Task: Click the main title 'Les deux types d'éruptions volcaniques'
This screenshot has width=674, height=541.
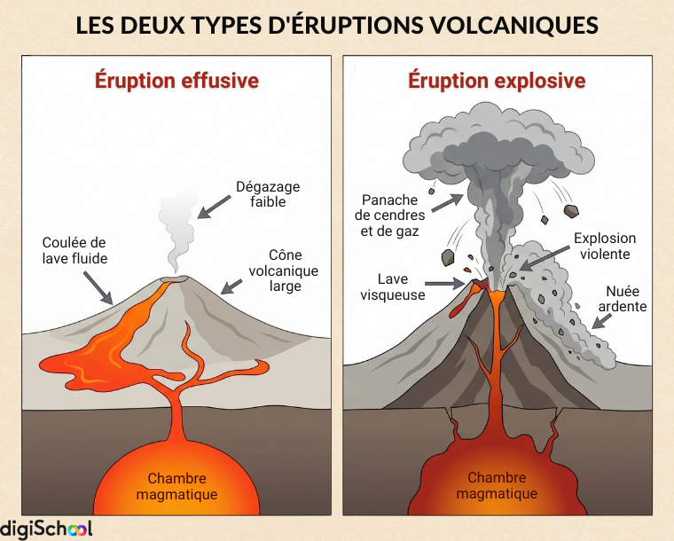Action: [337, 24]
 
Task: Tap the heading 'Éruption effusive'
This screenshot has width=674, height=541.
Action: [176, 81]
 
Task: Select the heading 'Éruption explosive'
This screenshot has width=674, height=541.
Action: [497, 81]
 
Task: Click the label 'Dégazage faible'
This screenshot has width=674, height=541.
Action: [267, 194]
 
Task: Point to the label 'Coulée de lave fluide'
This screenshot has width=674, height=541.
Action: [74, 250]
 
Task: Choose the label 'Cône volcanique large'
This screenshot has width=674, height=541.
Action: [283, 270]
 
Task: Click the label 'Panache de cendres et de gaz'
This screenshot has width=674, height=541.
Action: [390, 216]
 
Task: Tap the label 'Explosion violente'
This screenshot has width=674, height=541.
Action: [605, 246]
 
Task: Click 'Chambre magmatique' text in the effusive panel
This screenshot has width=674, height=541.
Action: [176, 486]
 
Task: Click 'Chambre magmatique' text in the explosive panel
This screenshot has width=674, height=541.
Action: [497, 486]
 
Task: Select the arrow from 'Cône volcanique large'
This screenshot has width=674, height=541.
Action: [232, 286]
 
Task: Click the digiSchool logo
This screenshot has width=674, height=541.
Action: [46, 529]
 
